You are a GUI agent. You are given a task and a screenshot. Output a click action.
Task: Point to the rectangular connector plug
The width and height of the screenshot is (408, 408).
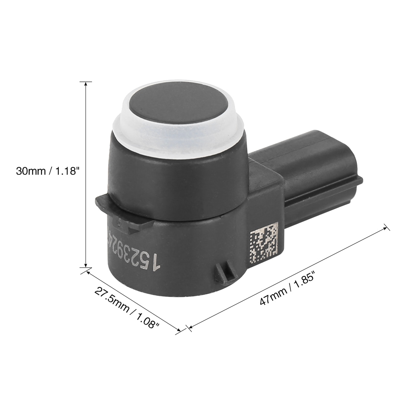[312, 174]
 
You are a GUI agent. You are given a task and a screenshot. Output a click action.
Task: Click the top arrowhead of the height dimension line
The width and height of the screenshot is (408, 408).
[86, 84]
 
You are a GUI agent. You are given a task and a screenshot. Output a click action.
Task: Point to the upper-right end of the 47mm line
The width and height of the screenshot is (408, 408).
[386, 227]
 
